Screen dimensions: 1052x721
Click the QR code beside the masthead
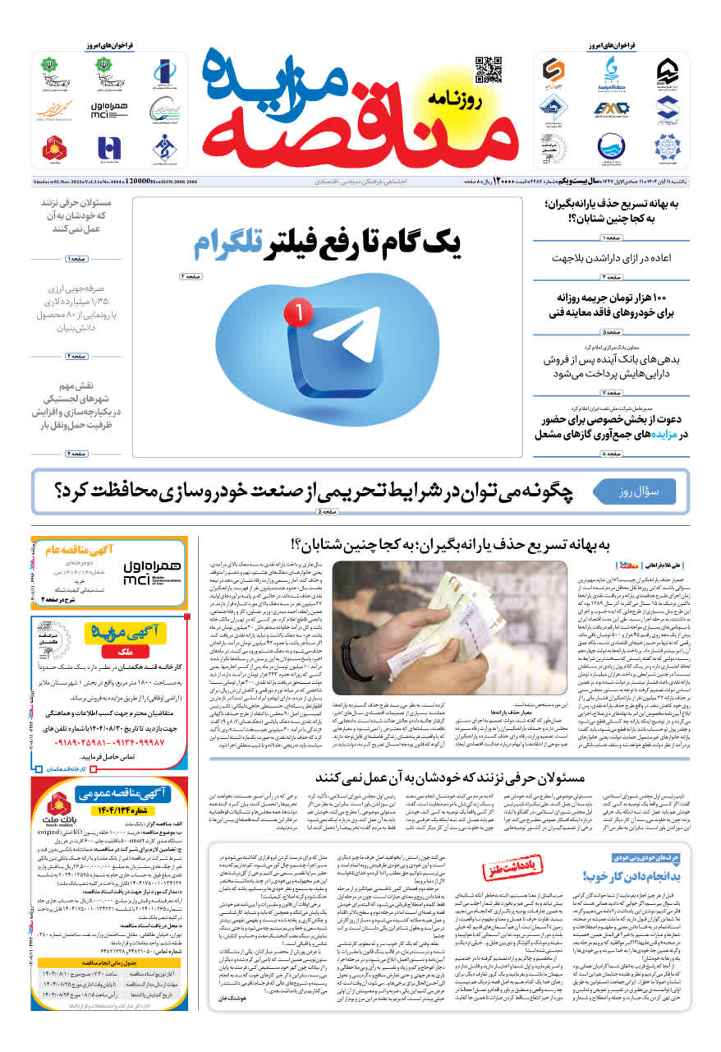coord(488,70)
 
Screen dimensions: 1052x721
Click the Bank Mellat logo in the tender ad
coord(61,802)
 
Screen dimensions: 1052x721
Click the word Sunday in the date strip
coord(43,181)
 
